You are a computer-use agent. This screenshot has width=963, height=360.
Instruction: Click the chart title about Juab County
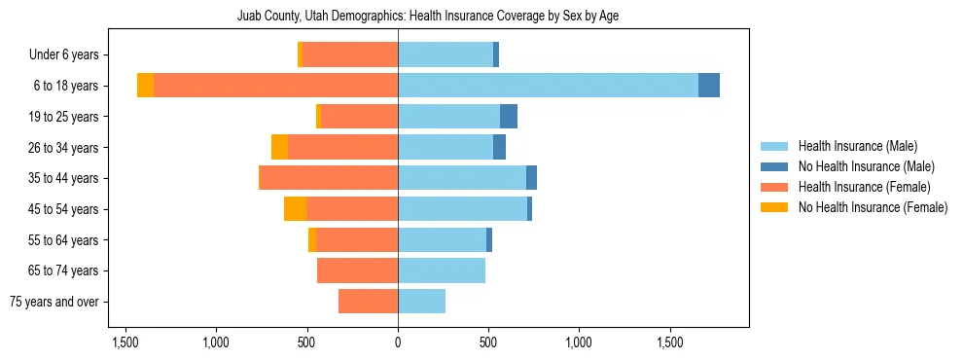(x=428, y=16)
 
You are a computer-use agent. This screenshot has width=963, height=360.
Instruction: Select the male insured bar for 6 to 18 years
(x=548, y=86)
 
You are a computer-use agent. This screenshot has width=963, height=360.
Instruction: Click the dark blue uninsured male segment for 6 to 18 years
(x=709, y=86)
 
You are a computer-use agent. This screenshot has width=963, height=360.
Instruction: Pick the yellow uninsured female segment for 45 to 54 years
(x=295, y=208)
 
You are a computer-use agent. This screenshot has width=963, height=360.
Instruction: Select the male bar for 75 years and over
(x=421, y=302)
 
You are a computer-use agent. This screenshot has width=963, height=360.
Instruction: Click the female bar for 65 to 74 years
(x=357, y=270)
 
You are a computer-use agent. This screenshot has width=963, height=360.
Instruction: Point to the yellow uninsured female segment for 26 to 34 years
(x=279, y=147)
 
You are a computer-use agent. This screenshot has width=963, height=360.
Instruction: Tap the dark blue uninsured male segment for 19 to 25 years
(x=509, y=117)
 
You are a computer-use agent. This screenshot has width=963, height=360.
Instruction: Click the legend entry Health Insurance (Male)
(x=857, y=146)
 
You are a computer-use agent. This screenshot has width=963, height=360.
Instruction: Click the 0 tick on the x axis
(x=398, y=342)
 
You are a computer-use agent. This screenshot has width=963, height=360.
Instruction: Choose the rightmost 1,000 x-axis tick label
(x=579, y=342)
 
